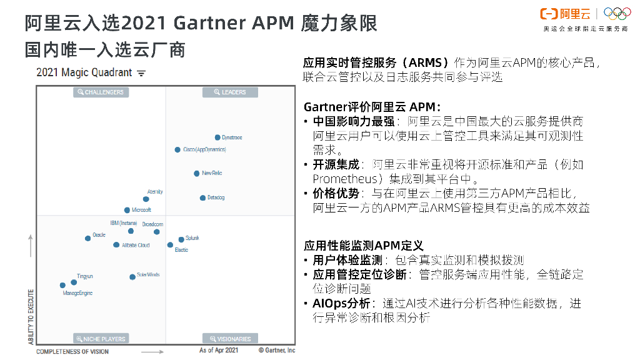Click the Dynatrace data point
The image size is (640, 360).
(x=217, y=137)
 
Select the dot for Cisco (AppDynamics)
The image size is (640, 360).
(x=177, y=150)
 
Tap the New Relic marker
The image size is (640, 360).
(x=197, y=174)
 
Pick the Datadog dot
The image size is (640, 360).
(x=202, y=198)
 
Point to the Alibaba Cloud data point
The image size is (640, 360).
(x=116, y=245)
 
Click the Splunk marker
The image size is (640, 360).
(x=181, y=239)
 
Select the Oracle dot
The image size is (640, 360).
(x=88, y=238)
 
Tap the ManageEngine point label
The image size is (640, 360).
(x=77, y=293)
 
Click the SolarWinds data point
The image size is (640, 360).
(x=132, y=277)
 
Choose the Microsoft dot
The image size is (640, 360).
(x=127, y=211)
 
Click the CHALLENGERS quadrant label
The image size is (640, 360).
(x=101, y=92)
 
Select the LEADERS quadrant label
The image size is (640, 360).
(x=230, y=92)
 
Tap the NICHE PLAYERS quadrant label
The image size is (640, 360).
(x=101, y=339)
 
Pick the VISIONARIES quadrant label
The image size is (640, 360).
(x=230, y=339)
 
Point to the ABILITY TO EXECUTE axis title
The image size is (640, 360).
(x=31, y=316)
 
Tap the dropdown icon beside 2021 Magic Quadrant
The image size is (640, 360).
(x=141, y=73)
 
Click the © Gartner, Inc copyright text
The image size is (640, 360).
(x=277, y=351)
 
